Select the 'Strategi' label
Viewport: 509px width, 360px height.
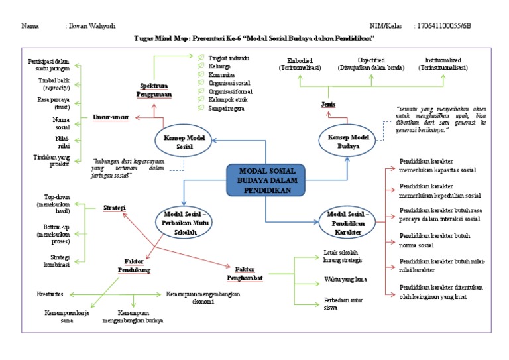115,208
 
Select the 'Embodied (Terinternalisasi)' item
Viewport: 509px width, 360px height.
300,64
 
